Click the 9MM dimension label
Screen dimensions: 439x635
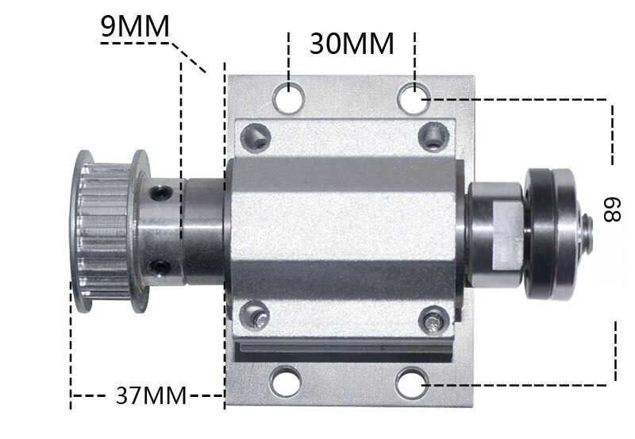135,27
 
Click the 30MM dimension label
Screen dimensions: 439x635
352,44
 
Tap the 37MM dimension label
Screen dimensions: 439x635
151,395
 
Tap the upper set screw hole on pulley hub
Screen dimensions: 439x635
163,192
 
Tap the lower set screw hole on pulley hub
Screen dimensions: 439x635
163,266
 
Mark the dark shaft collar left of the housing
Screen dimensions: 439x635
205,230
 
